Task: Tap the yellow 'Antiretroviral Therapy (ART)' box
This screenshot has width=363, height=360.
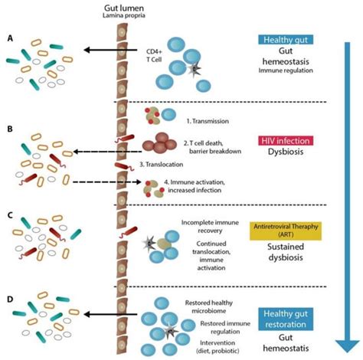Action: [x=284, y=227]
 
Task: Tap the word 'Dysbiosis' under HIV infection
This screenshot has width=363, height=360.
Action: [x=284, y=152]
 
